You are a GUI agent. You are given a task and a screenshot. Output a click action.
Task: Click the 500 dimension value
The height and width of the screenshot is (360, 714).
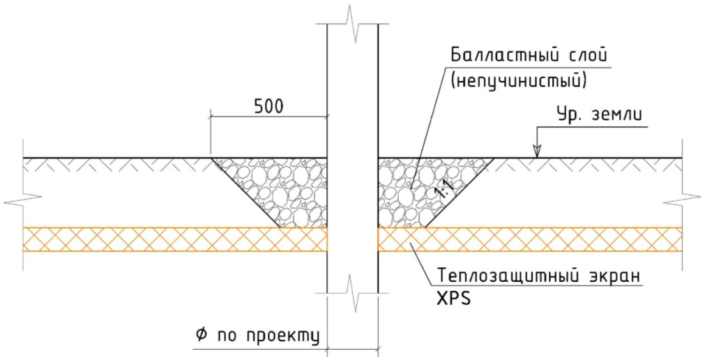[268, 106]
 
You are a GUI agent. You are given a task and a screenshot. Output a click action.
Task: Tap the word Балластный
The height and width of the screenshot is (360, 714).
[517, 56]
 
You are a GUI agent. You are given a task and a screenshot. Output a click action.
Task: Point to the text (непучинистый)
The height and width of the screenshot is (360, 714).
[518, 81]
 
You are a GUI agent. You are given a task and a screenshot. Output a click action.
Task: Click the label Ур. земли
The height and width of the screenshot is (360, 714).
[600, 114]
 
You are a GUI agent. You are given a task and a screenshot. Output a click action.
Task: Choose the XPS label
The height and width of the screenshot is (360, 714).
[453, 299]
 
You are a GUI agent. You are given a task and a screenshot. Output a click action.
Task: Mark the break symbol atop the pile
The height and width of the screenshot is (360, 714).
[353, 24]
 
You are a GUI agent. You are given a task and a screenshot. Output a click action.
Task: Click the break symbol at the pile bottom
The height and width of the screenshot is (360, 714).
[353, 292]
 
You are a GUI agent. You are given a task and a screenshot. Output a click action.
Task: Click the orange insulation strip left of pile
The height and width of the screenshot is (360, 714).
[175, 239]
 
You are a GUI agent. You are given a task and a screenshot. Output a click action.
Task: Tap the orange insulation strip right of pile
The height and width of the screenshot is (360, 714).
[530, 239]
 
